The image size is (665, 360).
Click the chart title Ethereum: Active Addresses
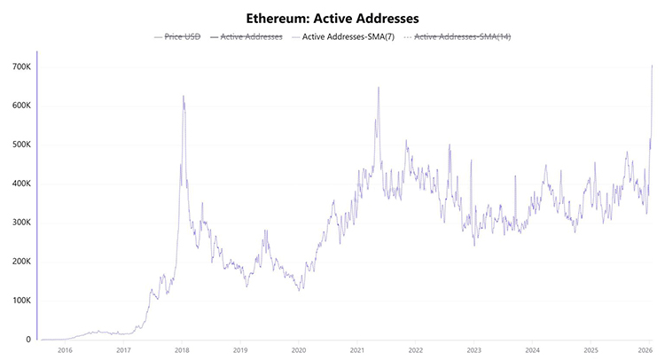[332, 17]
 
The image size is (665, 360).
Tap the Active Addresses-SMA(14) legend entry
[462, 37]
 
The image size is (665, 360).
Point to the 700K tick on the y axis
[21, 67]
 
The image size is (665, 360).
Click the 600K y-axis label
[21, 106]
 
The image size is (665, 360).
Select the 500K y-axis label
[21, 145]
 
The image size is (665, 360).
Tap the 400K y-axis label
[21, 184]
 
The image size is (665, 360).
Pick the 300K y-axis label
[21, 223]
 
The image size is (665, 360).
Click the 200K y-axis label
[21, 262]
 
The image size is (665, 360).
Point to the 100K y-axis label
[21, 301]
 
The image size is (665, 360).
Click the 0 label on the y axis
[29, 340]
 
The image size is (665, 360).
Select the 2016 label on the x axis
[64, 351]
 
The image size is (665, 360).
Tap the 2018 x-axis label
[181, 351]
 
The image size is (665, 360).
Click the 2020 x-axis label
[298, 351]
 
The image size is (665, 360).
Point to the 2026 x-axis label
[647, 351]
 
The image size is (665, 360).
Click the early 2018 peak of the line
[184, 96]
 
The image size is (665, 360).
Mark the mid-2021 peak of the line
[379, 87]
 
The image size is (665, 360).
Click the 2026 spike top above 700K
[653, 65]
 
